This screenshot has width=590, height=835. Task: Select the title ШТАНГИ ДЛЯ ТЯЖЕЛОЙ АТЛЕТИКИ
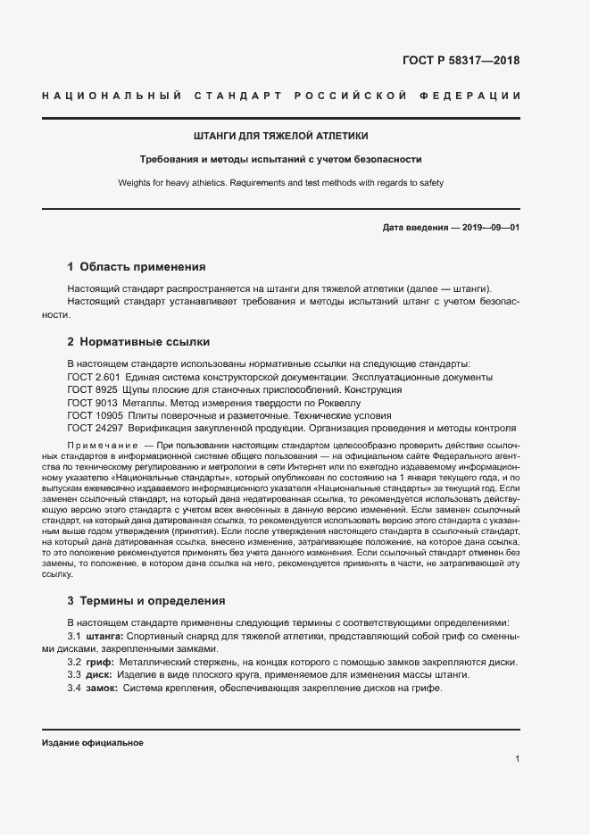[281, 136]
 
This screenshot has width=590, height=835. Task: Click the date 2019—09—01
[491, 228]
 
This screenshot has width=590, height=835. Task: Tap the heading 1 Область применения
[137, 266]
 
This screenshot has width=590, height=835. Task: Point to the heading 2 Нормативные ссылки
[138, 341]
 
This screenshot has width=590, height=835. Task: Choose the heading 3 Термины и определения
[146, 600]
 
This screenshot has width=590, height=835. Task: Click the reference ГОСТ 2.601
[89, 377]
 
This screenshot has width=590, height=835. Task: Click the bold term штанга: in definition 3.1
[104, 635]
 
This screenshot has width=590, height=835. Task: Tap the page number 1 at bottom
[518, 759]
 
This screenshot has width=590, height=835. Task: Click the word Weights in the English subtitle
[134, 182]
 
